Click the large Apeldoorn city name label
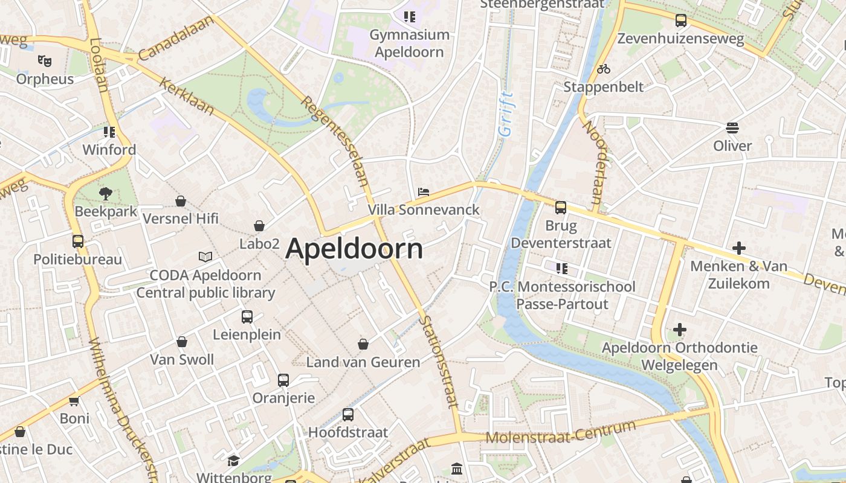(x=354, y=249)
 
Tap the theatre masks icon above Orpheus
(x=44, y=60)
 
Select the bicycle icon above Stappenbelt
(x=603, y=69)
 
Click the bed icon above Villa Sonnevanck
(x=424, y=192)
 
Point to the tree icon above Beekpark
(x=106, y=194)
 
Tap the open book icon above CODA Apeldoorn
(x=205, y=257)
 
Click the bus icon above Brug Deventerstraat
(x=561, y=208)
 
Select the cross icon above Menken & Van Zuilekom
(x=738, y=248)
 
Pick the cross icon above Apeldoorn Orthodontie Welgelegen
(x=680, y=330)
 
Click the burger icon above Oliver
(x=732, y=128)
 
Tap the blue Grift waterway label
(x=505, y=114)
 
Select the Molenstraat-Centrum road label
(x=561, y=433)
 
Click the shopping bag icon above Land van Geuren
(x=363, y=344)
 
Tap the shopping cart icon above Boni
(x=74, y=401)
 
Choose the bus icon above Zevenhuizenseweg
(x=681, y=21)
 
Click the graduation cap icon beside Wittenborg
(x=233, y=461)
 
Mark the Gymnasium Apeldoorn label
(x=410, y=43)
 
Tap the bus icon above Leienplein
(x=247, y=316)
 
